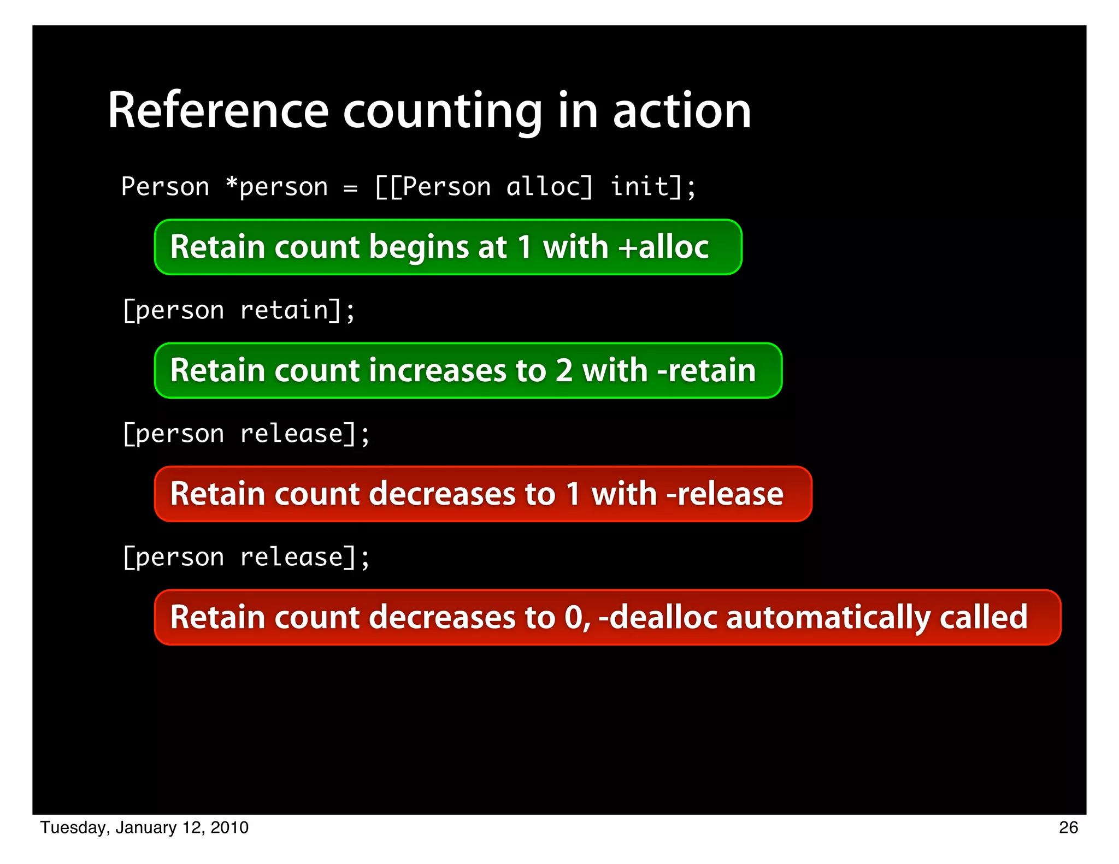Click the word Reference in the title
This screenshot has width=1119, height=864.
click(218, 111)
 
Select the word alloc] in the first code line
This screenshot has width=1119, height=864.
click(549, 187)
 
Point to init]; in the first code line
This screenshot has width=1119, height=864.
click(652, 187)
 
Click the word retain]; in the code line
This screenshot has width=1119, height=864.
click(298, 311)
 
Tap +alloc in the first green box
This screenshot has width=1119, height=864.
click(663, 247)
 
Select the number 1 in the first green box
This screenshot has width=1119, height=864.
click(525, 247)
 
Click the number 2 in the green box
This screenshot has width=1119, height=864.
click(564, 370)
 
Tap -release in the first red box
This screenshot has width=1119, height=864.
click(725, 494)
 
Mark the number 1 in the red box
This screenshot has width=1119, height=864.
click(573, 494)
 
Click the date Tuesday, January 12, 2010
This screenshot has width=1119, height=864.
click(144, 827)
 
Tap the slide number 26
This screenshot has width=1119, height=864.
click(1068, 827)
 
